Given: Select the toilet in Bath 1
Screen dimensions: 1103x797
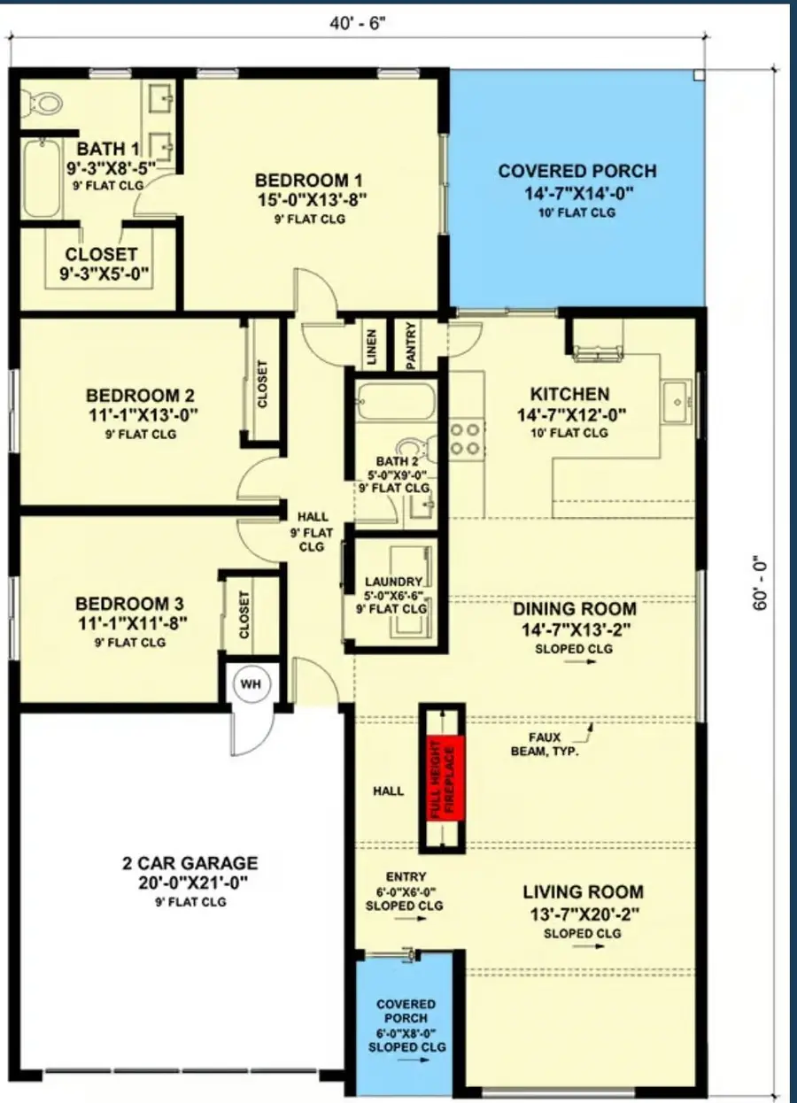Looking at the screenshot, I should pyautogui.click(x=44, y=103).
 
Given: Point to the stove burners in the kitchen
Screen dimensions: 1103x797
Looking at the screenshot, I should pyautogui.click(x=466, y=439).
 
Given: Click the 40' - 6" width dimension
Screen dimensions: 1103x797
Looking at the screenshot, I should pyautogui.click(x=358, y=23).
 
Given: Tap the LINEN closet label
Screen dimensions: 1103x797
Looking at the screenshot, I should pyautogui.click(x=372, y=345).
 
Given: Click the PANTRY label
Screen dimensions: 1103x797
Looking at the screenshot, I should pyautogui.click(x=411, y=345).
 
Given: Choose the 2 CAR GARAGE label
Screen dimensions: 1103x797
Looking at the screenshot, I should pyautogui.click(x=190, y=863).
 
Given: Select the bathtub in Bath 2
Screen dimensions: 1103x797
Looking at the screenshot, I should pyautogui.click(x=396, y=403).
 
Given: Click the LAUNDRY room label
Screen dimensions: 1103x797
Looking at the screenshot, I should pyautogui.click(x=393, y=582).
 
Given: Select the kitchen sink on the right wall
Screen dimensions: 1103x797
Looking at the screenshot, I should pyautogui.click(x=679, y=400).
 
